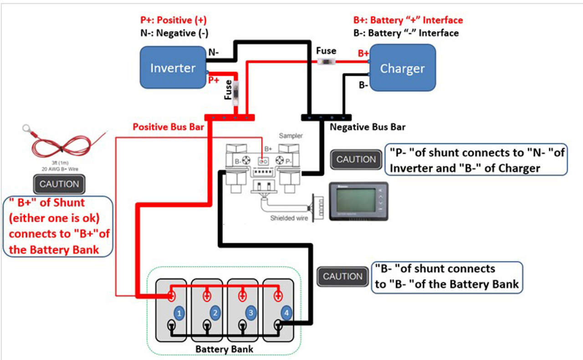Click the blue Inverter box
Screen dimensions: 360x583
tap(173, 67)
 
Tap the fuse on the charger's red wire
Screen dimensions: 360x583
tap(326, 62)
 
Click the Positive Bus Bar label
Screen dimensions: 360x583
tap(168, 127)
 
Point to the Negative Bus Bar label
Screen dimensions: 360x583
tap(367, 127)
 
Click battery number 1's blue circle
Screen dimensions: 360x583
tap(179, 313)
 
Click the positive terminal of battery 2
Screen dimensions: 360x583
tap(206, 296)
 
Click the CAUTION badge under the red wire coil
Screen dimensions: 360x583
tap(59, 184)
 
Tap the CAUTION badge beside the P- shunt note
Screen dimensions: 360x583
tap(356, 159)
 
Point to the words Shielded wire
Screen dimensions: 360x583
tap(289, 218)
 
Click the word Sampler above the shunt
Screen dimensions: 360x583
tap(291, 136)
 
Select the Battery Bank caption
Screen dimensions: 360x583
tap(224, 349)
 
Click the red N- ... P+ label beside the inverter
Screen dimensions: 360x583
tap(214, 81)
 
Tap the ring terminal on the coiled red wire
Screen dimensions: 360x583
tap(27, 129)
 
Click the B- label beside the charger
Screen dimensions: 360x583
tap(363, 85)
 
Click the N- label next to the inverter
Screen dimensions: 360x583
tap(214, 52)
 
